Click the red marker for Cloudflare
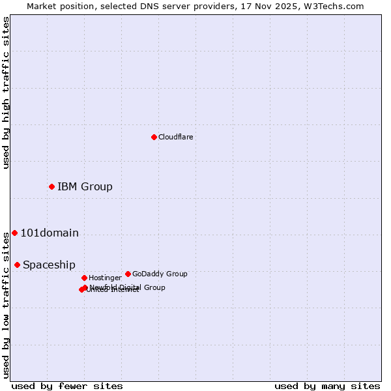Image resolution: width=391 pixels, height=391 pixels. tap(154, 137)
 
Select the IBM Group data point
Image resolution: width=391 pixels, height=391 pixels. tap(51, 187)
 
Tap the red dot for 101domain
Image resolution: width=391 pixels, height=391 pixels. tap(14, 233)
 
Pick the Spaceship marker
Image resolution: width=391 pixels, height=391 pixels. tap(17, 265)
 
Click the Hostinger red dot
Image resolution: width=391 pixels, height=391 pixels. tap(84, 278)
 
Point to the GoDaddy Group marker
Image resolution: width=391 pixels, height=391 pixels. tap(128, 274)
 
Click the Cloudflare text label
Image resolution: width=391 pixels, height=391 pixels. tap(176, 137)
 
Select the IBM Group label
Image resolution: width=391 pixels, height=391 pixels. tap(85, 187)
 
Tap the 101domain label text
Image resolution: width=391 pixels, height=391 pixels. tap(50, 233)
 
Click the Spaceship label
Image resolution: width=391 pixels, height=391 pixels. tap(49, 265)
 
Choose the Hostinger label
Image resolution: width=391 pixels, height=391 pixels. tap(105, 278)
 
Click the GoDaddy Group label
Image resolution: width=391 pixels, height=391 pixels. tap(160, 274)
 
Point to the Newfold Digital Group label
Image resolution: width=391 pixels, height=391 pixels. tap(128, 287)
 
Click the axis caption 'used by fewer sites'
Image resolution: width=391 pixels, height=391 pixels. tap(67, 386)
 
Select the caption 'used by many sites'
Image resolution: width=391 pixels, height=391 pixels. tap(327, 386)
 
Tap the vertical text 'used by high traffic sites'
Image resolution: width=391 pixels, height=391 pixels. tap(6, 93)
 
